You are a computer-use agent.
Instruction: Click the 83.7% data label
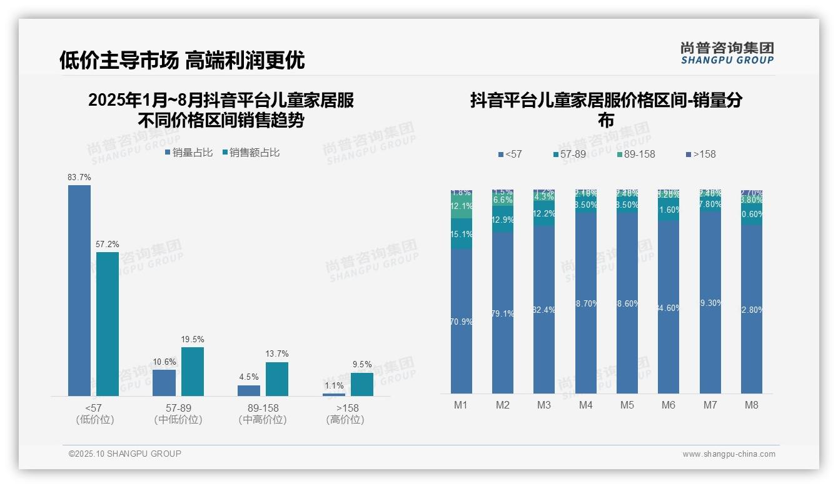click(79, 178)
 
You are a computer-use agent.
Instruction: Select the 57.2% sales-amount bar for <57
click(108, 323)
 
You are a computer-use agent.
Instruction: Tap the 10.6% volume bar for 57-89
click(164, 382)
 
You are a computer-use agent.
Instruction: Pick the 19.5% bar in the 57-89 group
click(193, 372)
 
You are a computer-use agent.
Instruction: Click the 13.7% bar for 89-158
click(277, 379)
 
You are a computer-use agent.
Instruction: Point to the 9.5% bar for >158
click(361, 384)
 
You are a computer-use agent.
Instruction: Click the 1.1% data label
click(334, 386)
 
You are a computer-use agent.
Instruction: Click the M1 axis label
click(461, 405)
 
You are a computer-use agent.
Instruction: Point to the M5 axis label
click(627, 405)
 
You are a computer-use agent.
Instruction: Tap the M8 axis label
click(751, 405)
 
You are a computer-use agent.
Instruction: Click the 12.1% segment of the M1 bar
click(462, 206)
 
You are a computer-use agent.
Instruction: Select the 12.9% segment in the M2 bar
click(503, 220)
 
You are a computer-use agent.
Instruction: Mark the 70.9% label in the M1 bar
click(462, 322)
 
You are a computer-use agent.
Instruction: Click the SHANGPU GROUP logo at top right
click(727, 53)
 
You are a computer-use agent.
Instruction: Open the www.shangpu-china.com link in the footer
click(729, 454)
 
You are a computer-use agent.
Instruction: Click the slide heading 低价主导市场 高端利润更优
click(182, 60)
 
